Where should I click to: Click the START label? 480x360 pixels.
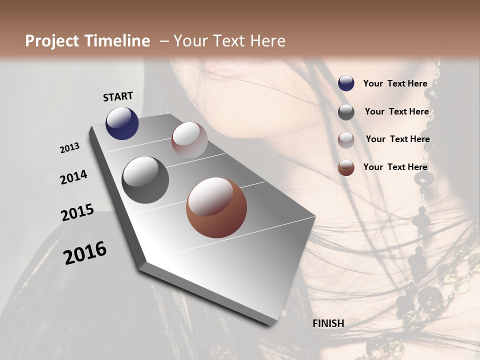point(118,96)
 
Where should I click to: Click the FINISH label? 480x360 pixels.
point(328,323)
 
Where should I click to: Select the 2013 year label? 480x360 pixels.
point(70,148)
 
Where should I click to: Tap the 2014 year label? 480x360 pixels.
point(73,177)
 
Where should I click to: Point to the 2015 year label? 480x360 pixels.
point(77,212)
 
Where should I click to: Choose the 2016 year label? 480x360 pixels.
point(85,253)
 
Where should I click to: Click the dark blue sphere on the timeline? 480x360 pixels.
point(122,123)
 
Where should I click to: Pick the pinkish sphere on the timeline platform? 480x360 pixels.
point(189,140)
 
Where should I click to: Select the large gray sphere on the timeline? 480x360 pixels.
point(145,180)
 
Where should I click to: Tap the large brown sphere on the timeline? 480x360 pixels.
point(216,207)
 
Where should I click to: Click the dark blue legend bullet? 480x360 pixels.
point(346,83)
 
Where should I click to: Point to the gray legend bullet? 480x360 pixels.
point(346,112)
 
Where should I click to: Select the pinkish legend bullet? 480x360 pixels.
point(346,140)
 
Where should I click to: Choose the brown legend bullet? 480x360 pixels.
point(346,168)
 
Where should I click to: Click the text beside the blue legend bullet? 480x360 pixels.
point(395,84)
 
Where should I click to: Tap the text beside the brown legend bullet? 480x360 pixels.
point(395,167)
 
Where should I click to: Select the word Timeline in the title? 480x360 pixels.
point(120,41)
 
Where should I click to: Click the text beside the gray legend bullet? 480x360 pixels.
point(396,111)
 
